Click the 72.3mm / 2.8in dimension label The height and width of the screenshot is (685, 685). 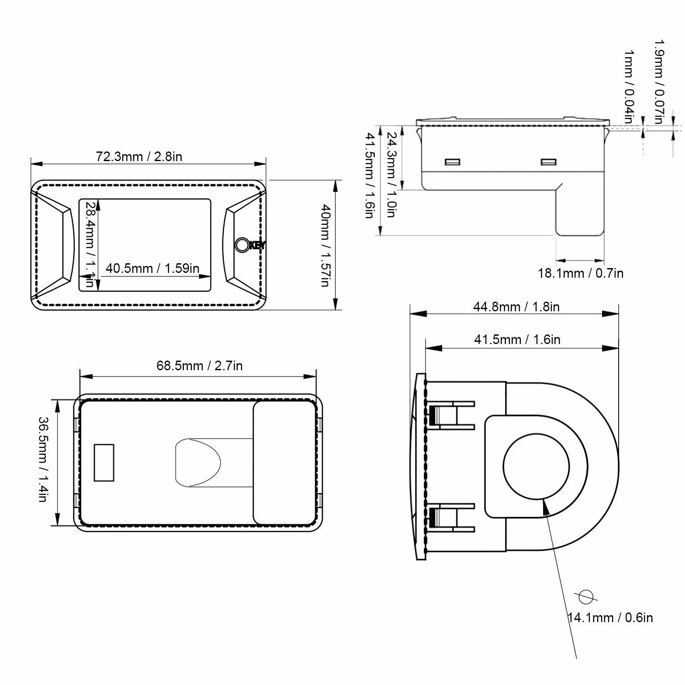pyautogui.click(x=139, y=157)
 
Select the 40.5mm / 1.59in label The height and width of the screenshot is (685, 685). pyautogui.click(x=152, y=268)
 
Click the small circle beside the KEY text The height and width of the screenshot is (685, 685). pyautogui.click(x=242, y=244)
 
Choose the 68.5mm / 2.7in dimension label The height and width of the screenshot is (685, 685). pyautogui.click(x=200, y=365)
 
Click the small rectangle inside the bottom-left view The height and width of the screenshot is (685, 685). pyautogui.click(x=104, y=463)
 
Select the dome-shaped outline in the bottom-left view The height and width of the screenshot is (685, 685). pyautogui.click(x=198, y=462)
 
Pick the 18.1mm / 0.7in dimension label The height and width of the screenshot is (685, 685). pyautogui.click(x=580, y=273)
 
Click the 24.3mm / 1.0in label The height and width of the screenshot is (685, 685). pyautogui.click(x=392, y=175)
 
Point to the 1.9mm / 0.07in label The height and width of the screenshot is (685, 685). pyautogui.click(x=659, y=82)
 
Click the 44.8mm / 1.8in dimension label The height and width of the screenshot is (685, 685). pyautogui.click(x=516, y=307)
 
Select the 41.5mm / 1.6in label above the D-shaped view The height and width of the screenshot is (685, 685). pyautogui.click(x=517, y=340)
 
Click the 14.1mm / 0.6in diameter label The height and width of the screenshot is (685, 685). pyautogui.click(x=610, y=618)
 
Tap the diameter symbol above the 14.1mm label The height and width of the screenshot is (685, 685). pyautogui.click(x=585, y=596)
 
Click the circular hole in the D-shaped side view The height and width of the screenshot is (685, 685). pyautogui.click(x=536, y=467)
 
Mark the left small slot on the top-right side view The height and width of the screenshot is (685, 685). pyautogui.click(x=453, y=162)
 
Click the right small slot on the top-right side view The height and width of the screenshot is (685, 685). pyautogui.click(x=548, y=162)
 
